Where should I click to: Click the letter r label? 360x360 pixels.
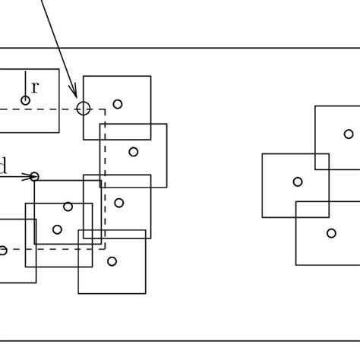35,87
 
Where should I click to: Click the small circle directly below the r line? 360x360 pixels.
25,100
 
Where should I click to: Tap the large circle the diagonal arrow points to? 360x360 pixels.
84,109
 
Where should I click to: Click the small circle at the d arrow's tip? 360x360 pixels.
34,177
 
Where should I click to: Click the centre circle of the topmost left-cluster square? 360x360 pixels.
118,104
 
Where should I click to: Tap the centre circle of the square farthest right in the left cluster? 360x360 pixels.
134,152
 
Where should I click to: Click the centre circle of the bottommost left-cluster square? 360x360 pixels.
112,261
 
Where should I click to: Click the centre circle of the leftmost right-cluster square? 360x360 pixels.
298,182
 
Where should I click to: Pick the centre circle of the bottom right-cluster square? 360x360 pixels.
331,233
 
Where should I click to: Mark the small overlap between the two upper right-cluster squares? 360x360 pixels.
322,162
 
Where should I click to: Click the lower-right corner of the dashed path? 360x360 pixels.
105,248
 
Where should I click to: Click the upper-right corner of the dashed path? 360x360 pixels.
105,109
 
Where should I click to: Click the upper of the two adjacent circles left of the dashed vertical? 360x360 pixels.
68,207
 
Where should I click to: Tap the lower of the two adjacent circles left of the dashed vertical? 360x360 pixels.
57,229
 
